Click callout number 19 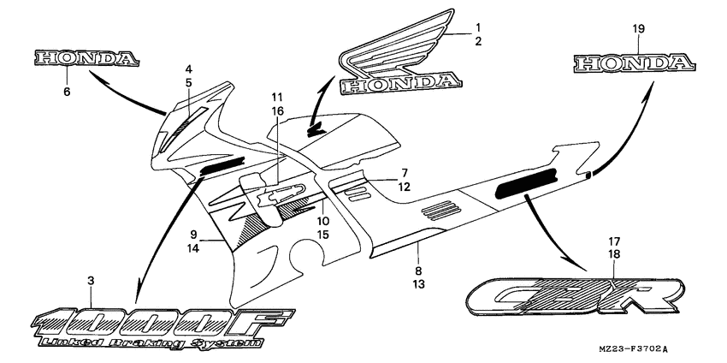coord(637,30)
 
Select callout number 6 coord(67,90)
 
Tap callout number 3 coord(92,281)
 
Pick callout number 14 coord(194,247)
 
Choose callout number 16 coord(277,111)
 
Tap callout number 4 coord(188,68)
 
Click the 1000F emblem coord(163,324)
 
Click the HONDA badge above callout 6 coord(86,58)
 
